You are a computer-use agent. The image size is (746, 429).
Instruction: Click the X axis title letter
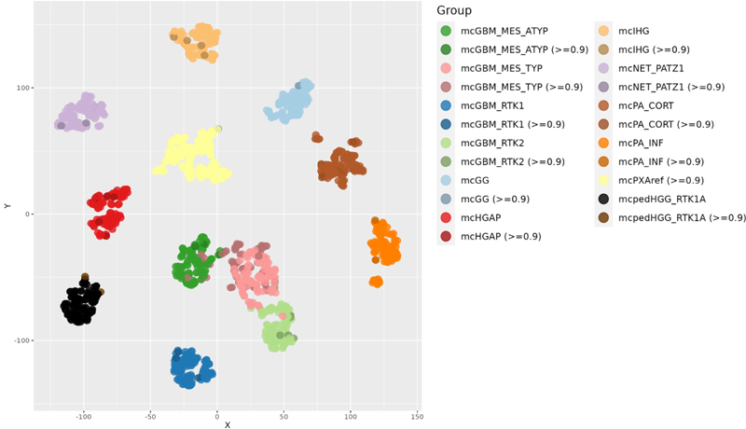(228, 425)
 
